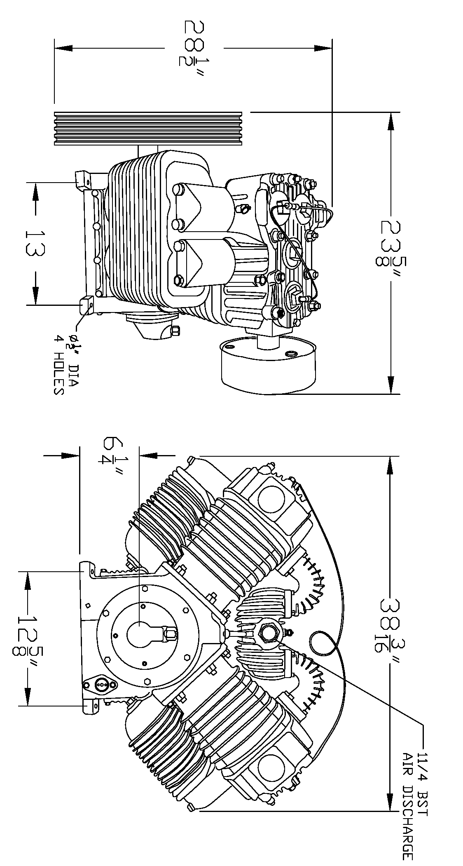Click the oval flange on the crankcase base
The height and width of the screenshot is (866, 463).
[x=100, y=685]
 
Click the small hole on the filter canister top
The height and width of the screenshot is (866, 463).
[x=291, y=354]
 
